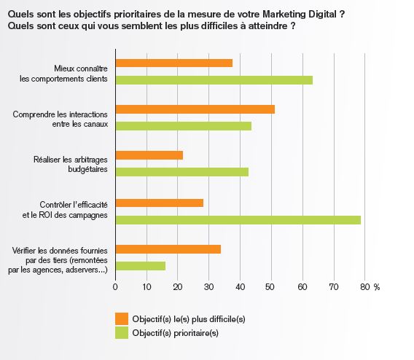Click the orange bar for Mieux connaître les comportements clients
coord(174,63)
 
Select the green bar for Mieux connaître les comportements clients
coord(214,79)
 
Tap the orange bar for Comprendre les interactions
coord(195,109)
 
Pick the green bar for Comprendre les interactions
coord(184,126)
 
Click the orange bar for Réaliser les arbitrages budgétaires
coord(149,155)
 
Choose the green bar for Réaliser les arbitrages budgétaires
coord(182,172)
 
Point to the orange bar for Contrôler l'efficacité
coord(160,203)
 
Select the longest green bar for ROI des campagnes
coord(238,219)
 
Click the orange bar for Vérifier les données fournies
coord(168,249)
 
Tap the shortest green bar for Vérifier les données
coord(141,266)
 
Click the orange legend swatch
coord(122,318)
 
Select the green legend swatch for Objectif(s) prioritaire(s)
coord(122,333)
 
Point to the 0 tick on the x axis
coord(116,287)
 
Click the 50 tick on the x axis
coord(271,287)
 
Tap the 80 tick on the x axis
coord(364,287)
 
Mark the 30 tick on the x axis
coord(209,287)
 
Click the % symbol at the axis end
coord(377,287)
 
